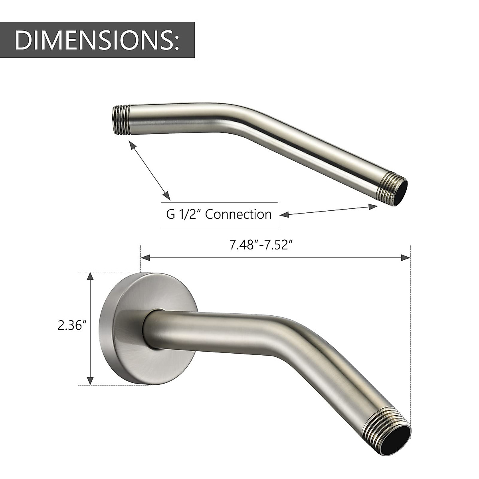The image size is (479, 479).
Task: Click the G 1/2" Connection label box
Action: click(219, 214)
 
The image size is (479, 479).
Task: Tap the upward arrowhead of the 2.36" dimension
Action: click(91, 276)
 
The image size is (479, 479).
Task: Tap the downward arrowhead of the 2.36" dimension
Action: click(91, 382)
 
